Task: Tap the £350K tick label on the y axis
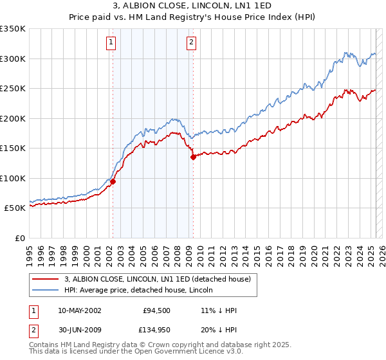(x=13, y=29)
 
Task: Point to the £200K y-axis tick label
(x=13, y=118)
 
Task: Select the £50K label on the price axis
(x=15, y=208)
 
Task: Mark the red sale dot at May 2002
(x=113, y=181)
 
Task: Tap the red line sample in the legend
(x=46, y=279)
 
